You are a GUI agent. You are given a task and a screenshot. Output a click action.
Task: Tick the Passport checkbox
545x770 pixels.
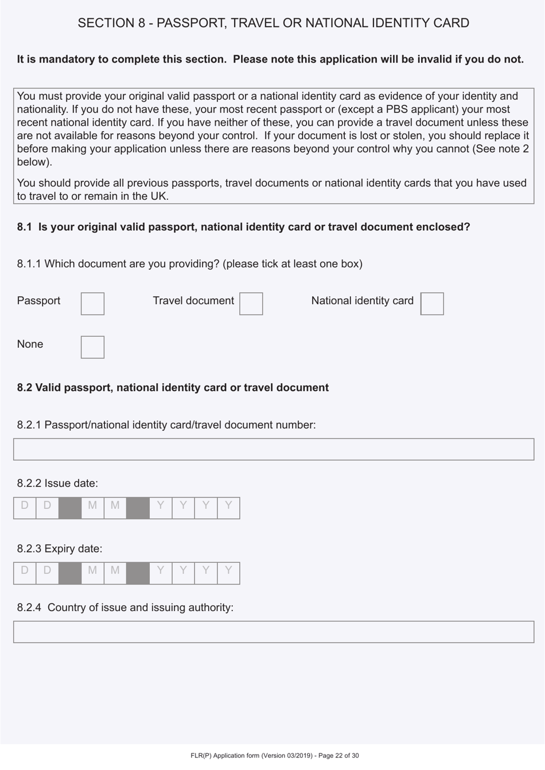92,304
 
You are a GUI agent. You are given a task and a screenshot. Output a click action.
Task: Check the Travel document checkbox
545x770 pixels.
251,304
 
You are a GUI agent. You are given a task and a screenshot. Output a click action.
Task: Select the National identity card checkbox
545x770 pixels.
432,304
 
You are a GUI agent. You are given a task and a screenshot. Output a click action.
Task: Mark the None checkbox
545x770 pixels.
92,347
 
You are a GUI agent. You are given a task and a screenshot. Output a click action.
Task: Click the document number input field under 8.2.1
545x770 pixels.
274,449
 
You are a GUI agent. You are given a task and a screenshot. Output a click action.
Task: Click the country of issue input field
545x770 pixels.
274,632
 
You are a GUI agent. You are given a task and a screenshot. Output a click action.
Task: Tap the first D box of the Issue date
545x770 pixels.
25,508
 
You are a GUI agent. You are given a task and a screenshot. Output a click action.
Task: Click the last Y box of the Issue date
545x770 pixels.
228,508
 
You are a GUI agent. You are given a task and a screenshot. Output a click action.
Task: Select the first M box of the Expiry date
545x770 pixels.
92,573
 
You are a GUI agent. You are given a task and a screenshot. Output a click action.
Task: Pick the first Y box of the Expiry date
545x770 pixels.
161,573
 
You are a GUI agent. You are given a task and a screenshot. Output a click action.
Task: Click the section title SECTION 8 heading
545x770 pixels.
273,23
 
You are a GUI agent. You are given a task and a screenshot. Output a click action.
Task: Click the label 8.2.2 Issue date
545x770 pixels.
57,483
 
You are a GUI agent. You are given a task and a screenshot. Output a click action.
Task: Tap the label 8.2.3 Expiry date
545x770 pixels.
60,549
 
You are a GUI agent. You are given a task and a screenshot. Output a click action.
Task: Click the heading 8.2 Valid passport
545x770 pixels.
173,387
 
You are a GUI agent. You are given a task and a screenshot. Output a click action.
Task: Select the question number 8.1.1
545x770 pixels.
29,264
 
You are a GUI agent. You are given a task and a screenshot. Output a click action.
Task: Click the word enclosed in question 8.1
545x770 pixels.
445,227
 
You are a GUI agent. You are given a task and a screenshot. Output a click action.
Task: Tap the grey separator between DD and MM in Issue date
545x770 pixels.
70,508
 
